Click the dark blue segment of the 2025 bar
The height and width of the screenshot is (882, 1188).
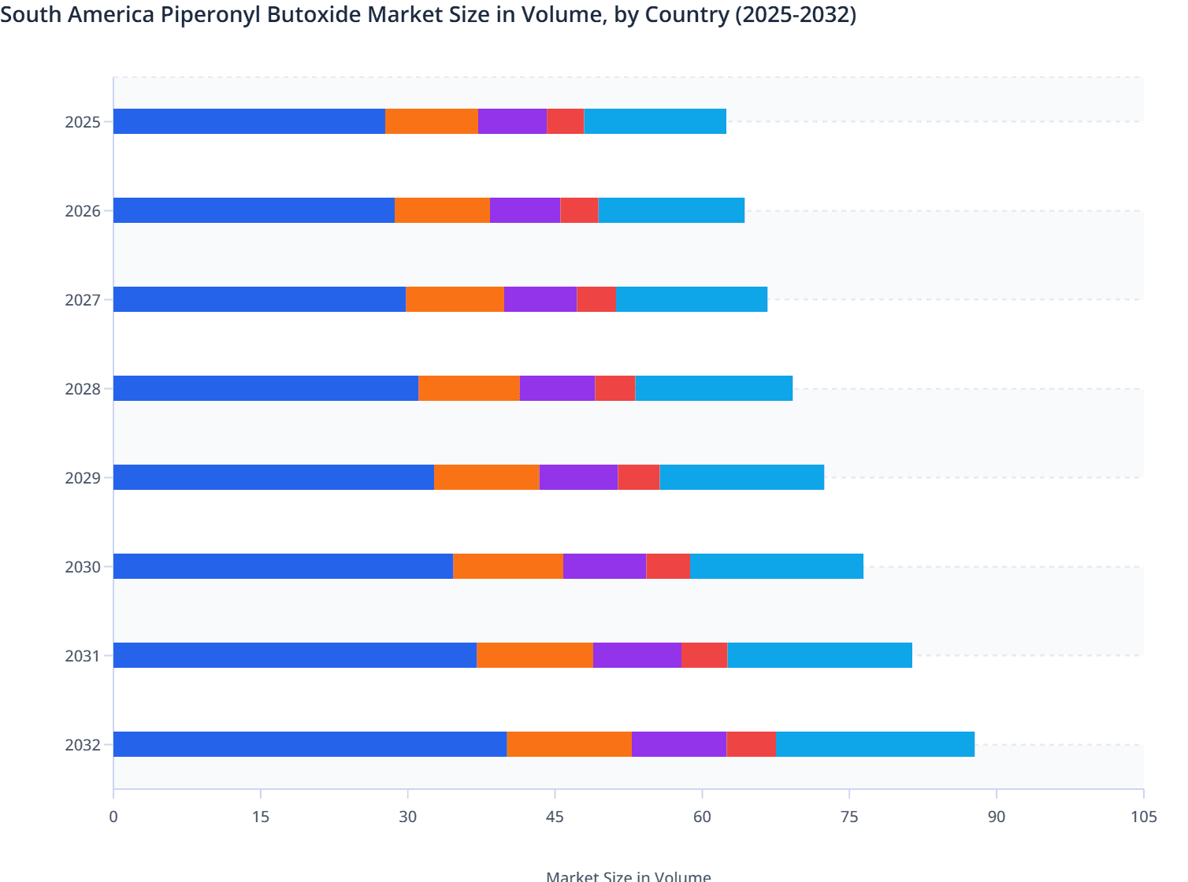[249, 121]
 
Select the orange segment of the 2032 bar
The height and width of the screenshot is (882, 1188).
[569, 744]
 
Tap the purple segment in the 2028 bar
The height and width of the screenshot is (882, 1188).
[557, 388]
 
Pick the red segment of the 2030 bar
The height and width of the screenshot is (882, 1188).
[667, 566]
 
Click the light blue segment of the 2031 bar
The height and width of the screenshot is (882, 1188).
[819, 655]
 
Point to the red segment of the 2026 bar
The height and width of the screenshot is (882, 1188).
[579, 210]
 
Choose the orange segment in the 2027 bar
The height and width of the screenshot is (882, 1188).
[455, 299]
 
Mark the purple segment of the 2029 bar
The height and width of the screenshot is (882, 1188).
[578, 477]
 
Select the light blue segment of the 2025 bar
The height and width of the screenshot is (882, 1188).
[655, 121]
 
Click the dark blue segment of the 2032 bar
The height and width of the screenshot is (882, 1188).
[310, 744]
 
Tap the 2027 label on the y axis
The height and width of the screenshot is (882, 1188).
[83, 300]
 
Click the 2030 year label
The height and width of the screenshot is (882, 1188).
[83, 567]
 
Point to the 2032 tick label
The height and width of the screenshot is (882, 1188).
[83, 745]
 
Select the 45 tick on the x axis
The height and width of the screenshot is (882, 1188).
[555, 817]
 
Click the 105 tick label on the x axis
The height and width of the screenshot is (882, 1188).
[1143, 817]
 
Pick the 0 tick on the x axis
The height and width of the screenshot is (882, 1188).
[113, 817]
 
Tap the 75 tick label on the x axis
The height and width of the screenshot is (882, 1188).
[849, 817]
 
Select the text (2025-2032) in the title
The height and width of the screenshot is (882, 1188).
[795, 14]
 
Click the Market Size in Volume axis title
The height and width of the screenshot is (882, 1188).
[628, 876]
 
